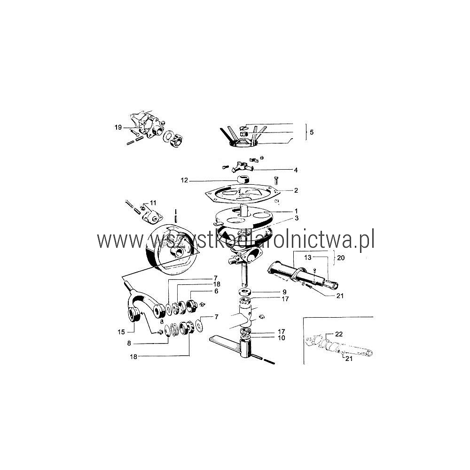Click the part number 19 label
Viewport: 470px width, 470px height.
coord(118,127)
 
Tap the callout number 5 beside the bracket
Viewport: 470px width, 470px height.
coord(312,132)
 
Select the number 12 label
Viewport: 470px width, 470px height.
coord(184,180)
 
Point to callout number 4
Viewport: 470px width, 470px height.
coord(296,170)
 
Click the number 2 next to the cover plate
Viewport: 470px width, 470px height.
coord(296,190)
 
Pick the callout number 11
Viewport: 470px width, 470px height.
coord(153,203)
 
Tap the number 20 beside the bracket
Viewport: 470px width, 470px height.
coord(341,258)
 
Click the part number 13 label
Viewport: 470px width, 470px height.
coord(308,257)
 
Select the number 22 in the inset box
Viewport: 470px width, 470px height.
coord(339,334)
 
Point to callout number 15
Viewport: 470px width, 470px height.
coord(121,332)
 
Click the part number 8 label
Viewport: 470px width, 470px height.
coord(129,343)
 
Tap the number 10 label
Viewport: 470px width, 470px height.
coord(282,338)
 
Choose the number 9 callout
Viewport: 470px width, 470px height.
coord(284,292)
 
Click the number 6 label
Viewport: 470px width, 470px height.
coord(216,291)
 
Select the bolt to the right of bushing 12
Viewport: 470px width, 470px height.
coord(276,180)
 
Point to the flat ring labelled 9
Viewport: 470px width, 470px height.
coord(245,292)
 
